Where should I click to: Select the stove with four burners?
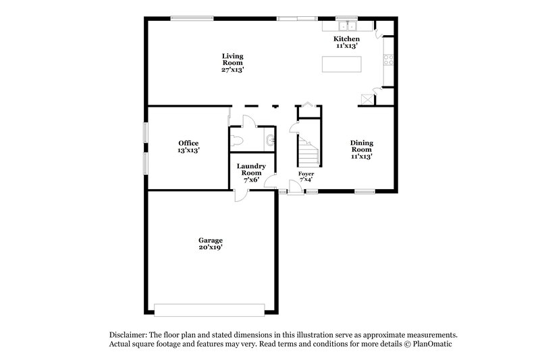(x=388, y=59)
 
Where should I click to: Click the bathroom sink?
(x=270, y=140)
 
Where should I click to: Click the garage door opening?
(x=209, y=309)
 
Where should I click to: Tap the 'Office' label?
(x=188, y=143)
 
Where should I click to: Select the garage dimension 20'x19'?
(x=210, y=248)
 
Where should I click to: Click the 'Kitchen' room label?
(x=347, y=39)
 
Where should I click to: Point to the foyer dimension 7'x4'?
(x=306, y=180)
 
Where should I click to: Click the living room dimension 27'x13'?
(x=233, y=70)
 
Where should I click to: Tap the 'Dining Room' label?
(x=362, y=146)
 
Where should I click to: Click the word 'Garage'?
(x=210, y=240)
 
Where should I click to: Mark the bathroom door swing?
(x=248, y=121)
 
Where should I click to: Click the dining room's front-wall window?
(x=365, y=192)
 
